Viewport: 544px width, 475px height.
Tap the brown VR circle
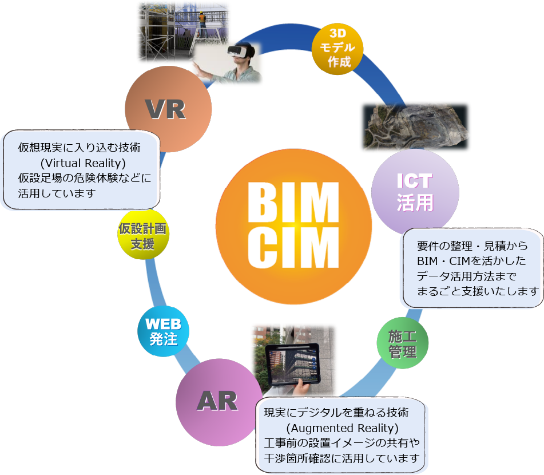pyautogui.click(x=168, y=109)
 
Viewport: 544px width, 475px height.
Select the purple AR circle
pyautogui.click(x=218, y=402)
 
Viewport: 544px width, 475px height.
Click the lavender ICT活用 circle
pyautogui.click(x=415, y=192)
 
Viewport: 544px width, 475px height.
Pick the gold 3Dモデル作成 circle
pyautogui.click(x=338, y=49)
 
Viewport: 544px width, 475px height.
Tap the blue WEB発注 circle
pyautogui.click(x=163, y=331)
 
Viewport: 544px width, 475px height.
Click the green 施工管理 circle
pyautogui.click(x=402, y=343)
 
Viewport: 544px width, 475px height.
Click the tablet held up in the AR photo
pyautogui.click(x=292, y=364)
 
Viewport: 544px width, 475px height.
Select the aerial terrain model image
pyautogui.click(x=415, y=126)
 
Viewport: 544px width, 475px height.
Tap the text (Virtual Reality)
pyautogui.click(x=84, y=163)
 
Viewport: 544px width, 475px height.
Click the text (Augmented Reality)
pyautogui.click(x=342, y=427)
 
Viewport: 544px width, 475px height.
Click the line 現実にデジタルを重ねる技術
pyautogui.click(x=336, y=413)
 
